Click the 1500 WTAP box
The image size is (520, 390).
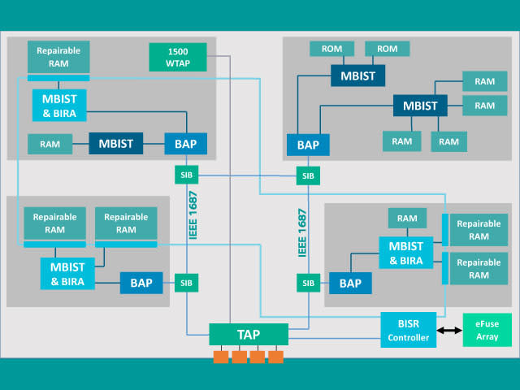pos(178,57)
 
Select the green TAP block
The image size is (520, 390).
pos(249,334)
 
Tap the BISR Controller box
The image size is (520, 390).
pos(408,330)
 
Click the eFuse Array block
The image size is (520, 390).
pos(487,330)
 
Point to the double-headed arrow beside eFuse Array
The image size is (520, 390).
pos(449,331)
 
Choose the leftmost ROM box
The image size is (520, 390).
pos(332,49)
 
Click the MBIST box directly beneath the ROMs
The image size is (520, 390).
pos(357,76)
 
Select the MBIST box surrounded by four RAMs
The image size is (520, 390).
pos(420,106)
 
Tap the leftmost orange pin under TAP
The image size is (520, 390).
pos(221,357)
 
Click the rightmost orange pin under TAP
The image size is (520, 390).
pos(275,357)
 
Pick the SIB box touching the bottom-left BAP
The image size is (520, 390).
pos(186,283)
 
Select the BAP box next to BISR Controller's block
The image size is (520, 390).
pos(350,284)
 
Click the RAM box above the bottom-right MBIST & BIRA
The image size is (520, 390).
pos(407,219)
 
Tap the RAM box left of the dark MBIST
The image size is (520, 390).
pos(50,144)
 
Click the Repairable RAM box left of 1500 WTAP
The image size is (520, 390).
pos(58,57)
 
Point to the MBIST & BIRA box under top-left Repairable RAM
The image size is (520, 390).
pos(59,106)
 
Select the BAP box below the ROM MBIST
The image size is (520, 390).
pos(308,145)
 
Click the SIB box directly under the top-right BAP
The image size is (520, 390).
pos(308,175)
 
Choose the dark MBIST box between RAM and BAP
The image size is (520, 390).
pos(115,144)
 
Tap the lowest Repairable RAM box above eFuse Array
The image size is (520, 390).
pos(479,269)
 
